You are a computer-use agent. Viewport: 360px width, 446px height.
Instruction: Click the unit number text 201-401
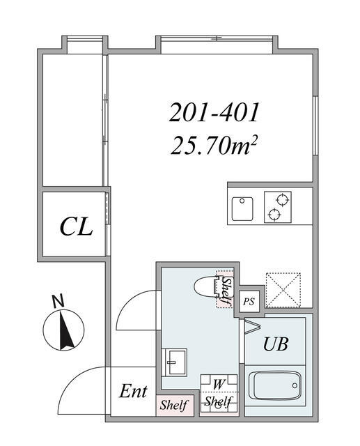coord(215,111)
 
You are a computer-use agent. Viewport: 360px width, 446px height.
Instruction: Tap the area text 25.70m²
coord(215,146)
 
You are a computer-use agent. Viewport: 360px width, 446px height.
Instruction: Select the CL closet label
coord(76,227)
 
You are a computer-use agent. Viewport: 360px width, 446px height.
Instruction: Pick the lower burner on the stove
coord(278,215)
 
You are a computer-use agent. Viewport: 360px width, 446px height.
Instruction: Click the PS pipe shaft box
coord(249,302)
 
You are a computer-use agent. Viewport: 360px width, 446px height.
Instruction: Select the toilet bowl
coord(207,287)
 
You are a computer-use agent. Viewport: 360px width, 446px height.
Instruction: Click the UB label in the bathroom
coord(275,344)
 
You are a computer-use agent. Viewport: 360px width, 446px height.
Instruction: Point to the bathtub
coord(275,387)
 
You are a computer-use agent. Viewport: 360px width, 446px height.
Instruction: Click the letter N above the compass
coord(58,301)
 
